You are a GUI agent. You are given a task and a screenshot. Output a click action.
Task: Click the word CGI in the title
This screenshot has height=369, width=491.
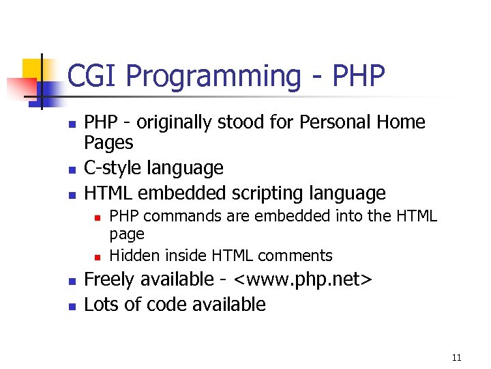click(x=93, y=77)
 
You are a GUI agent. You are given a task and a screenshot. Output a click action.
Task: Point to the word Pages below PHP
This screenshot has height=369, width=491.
click(x=108, y=143)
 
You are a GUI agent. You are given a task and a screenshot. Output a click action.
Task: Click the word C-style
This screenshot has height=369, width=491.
click(x=111, y=168)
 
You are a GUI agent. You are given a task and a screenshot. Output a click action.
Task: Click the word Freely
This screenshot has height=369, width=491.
click(x=109, y=279)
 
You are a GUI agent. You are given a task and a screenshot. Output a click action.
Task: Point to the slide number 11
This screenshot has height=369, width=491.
click(x=456, y=357)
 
